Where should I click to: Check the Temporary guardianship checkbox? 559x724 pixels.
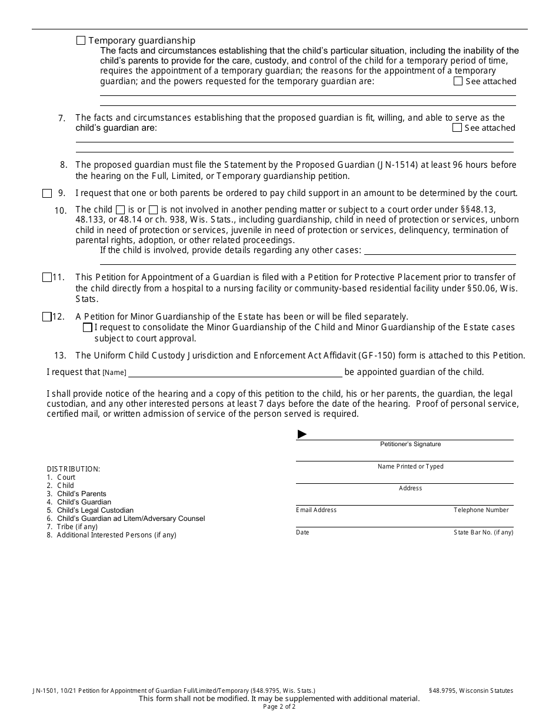tap(81, 41)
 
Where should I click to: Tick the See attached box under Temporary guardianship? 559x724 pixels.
tap(458, 81)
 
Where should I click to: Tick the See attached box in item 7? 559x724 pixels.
tap(457, 128)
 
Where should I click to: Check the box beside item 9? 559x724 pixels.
tap(47, 193)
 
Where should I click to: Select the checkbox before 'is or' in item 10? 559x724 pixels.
tap(120, 210)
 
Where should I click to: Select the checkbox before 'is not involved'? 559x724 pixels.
tap(153, 210)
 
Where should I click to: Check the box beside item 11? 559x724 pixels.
tap(47, 277)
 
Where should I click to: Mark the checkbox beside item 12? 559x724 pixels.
tap(47, 317)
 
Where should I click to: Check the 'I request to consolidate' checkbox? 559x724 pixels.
tap(88, 327)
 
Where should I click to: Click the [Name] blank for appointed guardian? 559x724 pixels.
tap(235, 372)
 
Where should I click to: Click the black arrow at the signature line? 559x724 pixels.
tap(302, 434)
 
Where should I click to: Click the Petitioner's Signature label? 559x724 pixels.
tap(410, 444)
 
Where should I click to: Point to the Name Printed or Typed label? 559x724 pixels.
tap(410, 467)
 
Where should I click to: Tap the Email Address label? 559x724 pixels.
tap(316, 510)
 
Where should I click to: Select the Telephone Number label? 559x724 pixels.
tap(481, 510)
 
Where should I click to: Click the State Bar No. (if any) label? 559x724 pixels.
tap(483, 533)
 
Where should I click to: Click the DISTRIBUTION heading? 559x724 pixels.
tap(74, 469)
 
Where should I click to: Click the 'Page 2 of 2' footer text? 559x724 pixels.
tap(279, 707)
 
